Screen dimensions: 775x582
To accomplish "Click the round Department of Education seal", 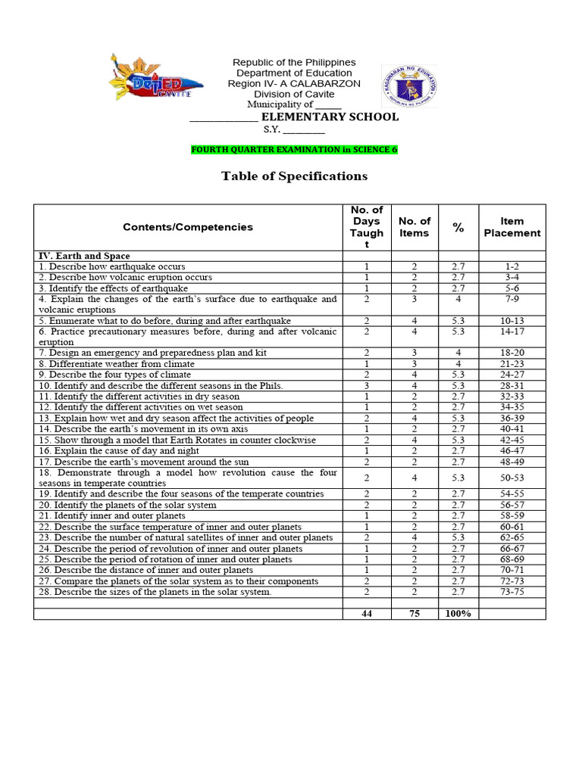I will (x=408, y=82).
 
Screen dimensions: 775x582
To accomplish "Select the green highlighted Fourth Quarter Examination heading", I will (x=294, y=149).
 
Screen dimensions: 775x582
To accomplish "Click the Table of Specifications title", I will (x=294, y=176).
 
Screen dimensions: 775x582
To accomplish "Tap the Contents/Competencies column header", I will (x=188, y=227).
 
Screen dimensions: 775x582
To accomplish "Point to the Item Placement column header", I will (x=512, y=227).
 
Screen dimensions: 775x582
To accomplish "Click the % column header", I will (x=458, y=227).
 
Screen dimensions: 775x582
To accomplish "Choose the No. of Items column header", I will (x=415, y=227).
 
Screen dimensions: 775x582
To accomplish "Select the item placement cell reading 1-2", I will (x=512, y=266).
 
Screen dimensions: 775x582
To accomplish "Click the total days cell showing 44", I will (x=367, y=613).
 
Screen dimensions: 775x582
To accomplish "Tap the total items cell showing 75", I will (x=415, y=613).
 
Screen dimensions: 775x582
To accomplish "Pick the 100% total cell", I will (x=458, y=613).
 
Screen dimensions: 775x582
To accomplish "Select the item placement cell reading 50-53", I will (x=512, y=478).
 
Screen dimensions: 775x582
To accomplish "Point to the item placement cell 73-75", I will (x=512, y=592).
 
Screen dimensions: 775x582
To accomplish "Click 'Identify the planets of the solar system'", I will (x=127, y=505).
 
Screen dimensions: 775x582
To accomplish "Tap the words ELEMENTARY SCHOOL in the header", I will (x=330, y=117).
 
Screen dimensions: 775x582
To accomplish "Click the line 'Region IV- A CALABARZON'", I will (x=294, y=83).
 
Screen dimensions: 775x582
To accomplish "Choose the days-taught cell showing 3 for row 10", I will (x=367, y=385).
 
